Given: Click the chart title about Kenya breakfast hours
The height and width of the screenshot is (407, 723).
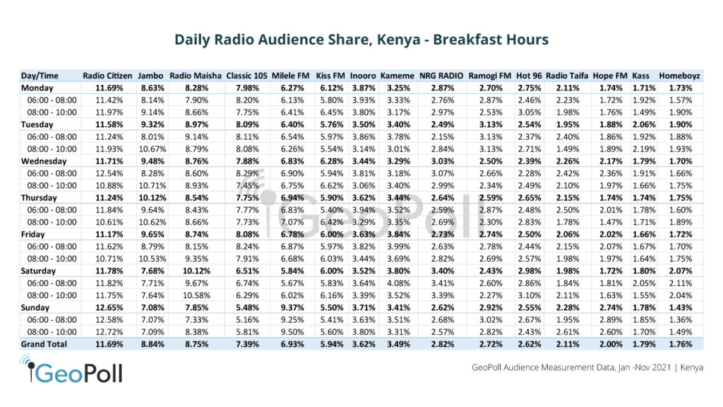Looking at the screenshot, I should point(361,40).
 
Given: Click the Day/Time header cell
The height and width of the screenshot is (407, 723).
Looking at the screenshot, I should point(40,76).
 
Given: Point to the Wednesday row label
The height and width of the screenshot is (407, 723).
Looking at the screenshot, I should point(45,160).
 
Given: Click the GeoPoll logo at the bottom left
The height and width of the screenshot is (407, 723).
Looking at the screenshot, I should point(71,370).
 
